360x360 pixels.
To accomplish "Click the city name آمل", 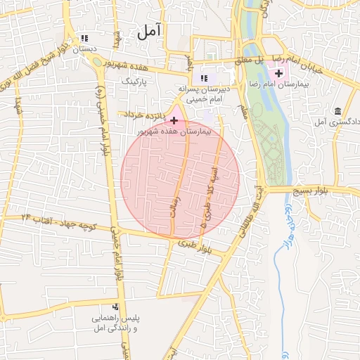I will tap(149, 31).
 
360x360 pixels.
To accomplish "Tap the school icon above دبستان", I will tap(85, 38).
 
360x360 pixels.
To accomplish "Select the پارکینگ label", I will tap(137, 82).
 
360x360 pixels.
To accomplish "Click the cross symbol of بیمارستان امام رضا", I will tap(279, 73).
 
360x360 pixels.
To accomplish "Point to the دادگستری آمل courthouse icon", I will tap(339, 112).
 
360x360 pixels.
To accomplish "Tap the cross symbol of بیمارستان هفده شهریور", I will tap(174, 121).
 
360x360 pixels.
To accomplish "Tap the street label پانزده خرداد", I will tap(143, 114).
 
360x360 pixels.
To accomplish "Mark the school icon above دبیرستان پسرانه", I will tap(204, 78).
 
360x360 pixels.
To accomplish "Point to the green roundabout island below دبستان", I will tap(96, 61).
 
